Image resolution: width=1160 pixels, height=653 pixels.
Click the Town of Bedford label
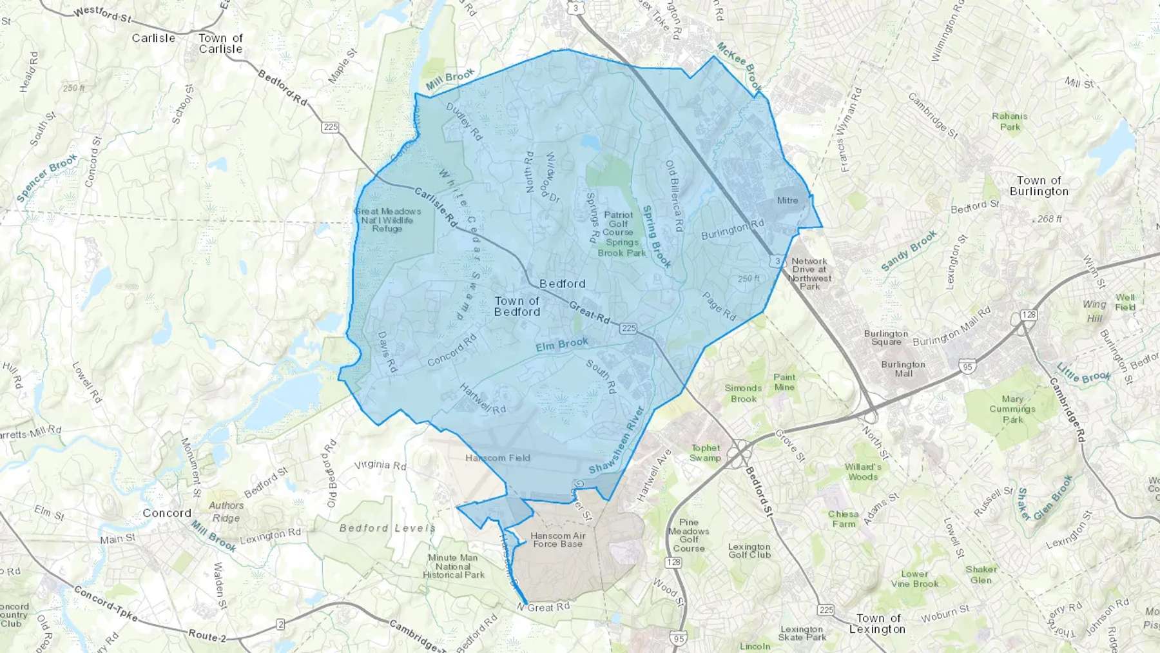pos(517,306)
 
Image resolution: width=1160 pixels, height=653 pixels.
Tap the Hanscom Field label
pos(498,458)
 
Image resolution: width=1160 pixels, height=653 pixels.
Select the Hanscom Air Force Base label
pos(557,540)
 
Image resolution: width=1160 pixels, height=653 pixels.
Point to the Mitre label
pos(787,200)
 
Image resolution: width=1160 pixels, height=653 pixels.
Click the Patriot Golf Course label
pos(618,224)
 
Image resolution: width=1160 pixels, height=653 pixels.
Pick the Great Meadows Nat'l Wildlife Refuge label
pos(387,220)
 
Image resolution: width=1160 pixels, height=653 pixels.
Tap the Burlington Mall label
pos(903,369)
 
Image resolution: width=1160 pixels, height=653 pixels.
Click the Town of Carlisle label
pos(220,43)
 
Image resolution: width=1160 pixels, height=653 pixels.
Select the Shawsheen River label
pos(617,440)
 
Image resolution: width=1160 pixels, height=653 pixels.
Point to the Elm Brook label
pos(562,345)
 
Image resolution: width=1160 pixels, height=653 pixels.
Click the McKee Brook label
pos(740,66)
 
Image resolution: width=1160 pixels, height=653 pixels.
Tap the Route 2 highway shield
pos(280,624)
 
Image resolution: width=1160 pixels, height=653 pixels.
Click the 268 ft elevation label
pos(1049,219)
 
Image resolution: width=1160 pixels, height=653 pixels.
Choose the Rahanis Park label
pos(1009,121)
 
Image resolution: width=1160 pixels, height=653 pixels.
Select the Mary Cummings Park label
pos(1012,409)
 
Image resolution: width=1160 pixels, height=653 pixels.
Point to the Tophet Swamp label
pos(705,453)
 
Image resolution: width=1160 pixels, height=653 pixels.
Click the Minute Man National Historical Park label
pos(453,566)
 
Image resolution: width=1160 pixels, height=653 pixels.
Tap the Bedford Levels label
pos(387,528)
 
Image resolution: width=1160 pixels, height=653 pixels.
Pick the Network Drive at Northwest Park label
pos(809,274)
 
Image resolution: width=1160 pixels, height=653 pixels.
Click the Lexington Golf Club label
pos(749,551)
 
